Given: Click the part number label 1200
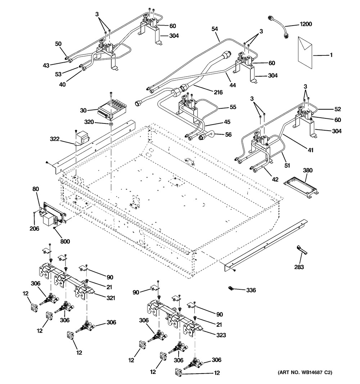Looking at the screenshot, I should [306, 24].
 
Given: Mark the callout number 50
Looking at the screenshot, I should [58, 44].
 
